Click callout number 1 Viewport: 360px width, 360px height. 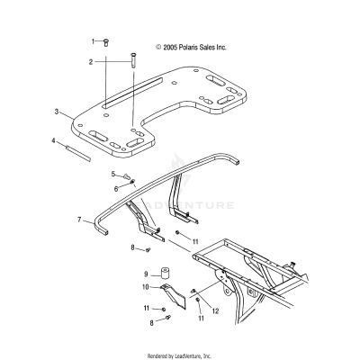click(93, 41)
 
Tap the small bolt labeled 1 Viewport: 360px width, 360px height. click(105, 41)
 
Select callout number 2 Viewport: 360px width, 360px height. click(91, 62)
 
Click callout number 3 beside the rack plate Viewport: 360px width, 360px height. click(57, 112)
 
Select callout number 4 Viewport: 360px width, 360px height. click(53, 140)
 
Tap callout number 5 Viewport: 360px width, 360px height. click(113, 173)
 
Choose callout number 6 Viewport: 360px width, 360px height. click(116, 189)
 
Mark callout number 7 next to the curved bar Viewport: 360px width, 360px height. click(79, 219)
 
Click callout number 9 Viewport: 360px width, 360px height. click(145, 274)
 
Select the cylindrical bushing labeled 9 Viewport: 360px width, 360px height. click(165, 273)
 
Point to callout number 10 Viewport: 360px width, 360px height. click(145, 287)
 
